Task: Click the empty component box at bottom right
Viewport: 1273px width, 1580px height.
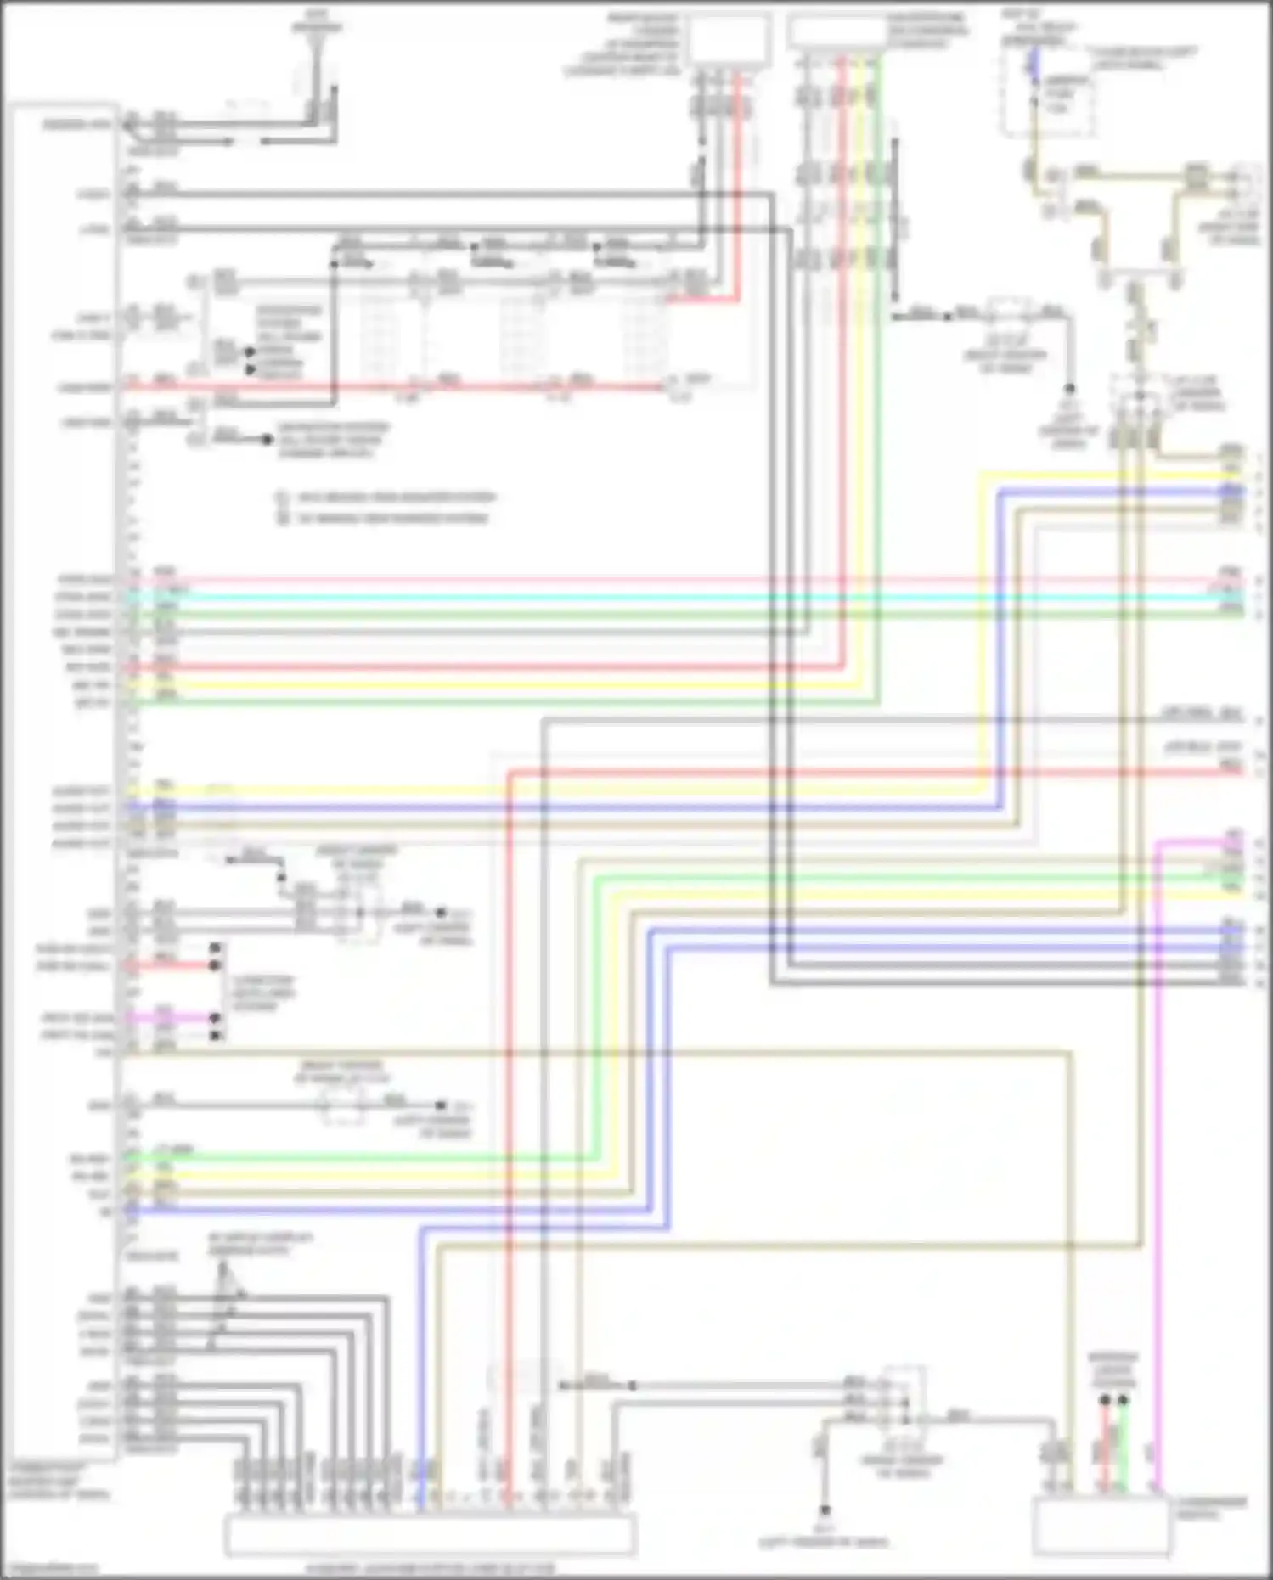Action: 1101,1525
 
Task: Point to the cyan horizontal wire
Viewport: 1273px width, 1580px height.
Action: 679,597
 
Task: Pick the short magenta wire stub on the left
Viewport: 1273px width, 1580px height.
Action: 170,1017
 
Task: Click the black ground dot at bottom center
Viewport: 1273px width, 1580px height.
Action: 824,1510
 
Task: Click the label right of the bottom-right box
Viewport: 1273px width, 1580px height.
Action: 1211,1508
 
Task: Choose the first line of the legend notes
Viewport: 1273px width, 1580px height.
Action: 386,498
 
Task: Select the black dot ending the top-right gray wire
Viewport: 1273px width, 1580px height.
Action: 1070,389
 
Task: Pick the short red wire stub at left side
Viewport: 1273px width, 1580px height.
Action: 170,966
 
